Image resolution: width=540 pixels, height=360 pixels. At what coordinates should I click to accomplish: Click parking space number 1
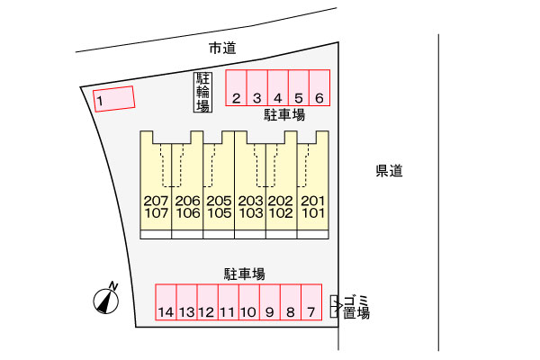[x=113, y=98]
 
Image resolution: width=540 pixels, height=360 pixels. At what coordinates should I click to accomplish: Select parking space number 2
[x=236, y=89]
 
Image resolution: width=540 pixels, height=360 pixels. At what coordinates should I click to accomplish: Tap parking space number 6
[x=320, y=89]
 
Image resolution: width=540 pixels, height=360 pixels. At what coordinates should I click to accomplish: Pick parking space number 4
[x=278, y=89]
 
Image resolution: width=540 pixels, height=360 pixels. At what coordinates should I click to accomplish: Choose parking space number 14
[x=166, y=305]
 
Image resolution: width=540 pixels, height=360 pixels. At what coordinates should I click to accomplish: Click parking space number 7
[x=311, y=305]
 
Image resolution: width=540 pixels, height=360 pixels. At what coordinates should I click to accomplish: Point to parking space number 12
[x=207, y=305]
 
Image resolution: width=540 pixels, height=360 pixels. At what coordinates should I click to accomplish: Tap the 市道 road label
[x=222, y=49]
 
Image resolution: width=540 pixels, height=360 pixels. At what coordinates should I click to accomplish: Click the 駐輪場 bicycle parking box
[x=202, y=92]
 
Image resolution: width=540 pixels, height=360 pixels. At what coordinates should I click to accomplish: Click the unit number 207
[x=156, y=200]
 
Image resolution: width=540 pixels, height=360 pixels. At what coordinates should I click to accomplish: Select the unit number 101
[x=313, y=213]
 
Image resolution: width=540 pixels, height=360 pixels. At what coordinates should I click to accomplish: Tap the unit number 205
[x=219, y=200]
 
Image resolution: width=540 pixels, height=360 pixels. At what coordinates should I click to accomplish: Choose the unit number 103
[x=250, y=213]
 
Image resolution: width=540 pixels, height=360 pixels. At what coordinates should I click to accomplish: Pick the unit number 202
[x=282, y=200]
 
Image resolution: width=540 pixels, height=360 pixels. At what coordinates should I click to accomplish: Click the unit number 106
[x=187, y=213]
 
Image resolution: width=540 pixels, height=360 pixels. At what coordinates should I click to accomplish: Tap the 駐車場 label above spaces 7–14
[x=244, y=272]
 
